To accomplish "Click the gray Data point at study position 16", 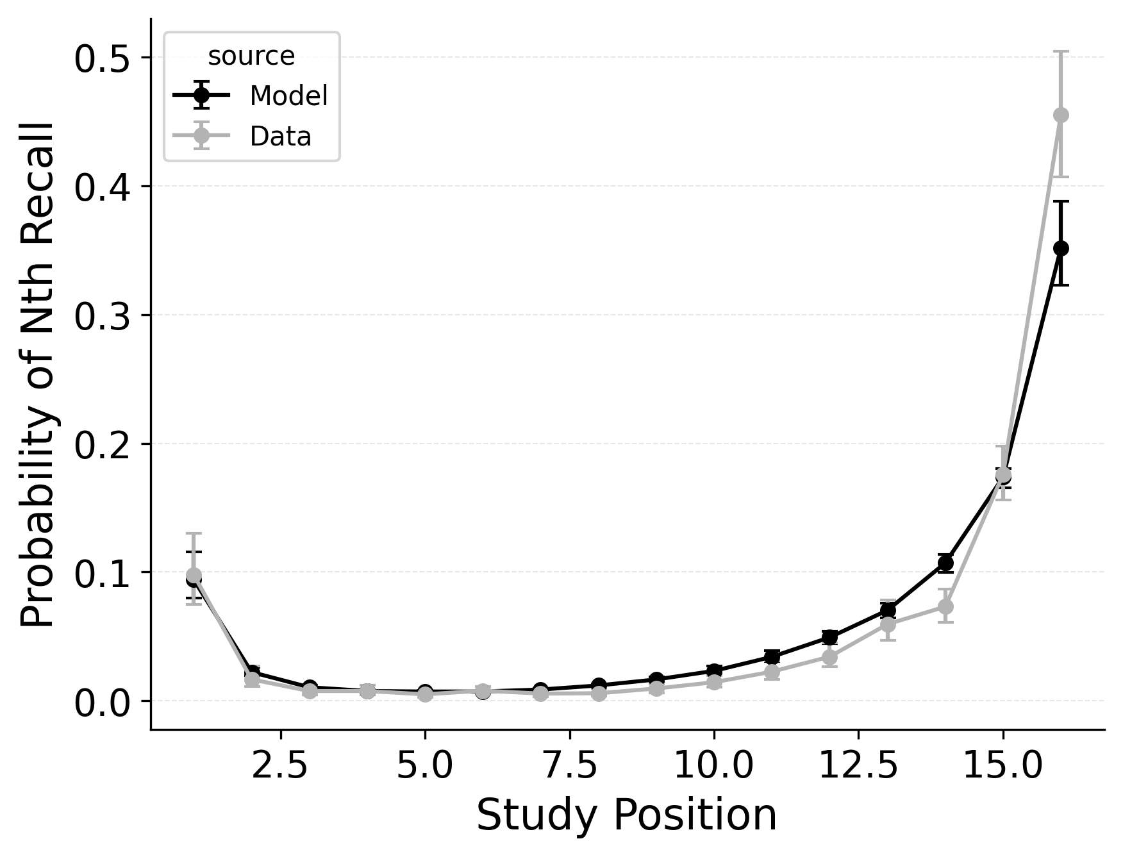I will pos(1061,115).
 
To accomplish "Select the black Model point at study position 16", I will pos(1061,248).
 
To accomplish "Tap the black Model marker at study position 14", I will pos(945,563).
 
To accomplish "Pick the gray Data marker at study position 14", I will pos(945,606).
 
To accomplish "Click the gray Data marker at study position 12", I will pos(829,657).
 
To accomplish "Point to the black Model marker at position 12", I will pos(829,637).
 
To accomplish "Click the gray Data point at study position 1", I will pos(194,575).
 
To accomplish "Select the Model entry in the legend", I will pos(288,96).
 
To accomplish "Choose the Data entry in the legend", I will pos(280,137).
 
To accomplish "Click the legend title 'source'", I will pos(251,56).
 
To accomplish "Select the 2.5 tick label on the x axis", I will pos(280,766).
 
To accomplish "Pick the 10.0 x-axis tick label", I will pos(713,766).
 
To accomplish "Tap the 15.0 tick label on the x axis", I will pos(1002,766).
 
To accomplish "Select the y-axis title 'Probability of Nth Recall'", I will pos(38,375).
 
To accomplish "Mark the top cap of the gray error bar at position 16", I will pos(1061,51).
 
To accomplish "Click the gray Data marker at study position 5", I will pos(425,694).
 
